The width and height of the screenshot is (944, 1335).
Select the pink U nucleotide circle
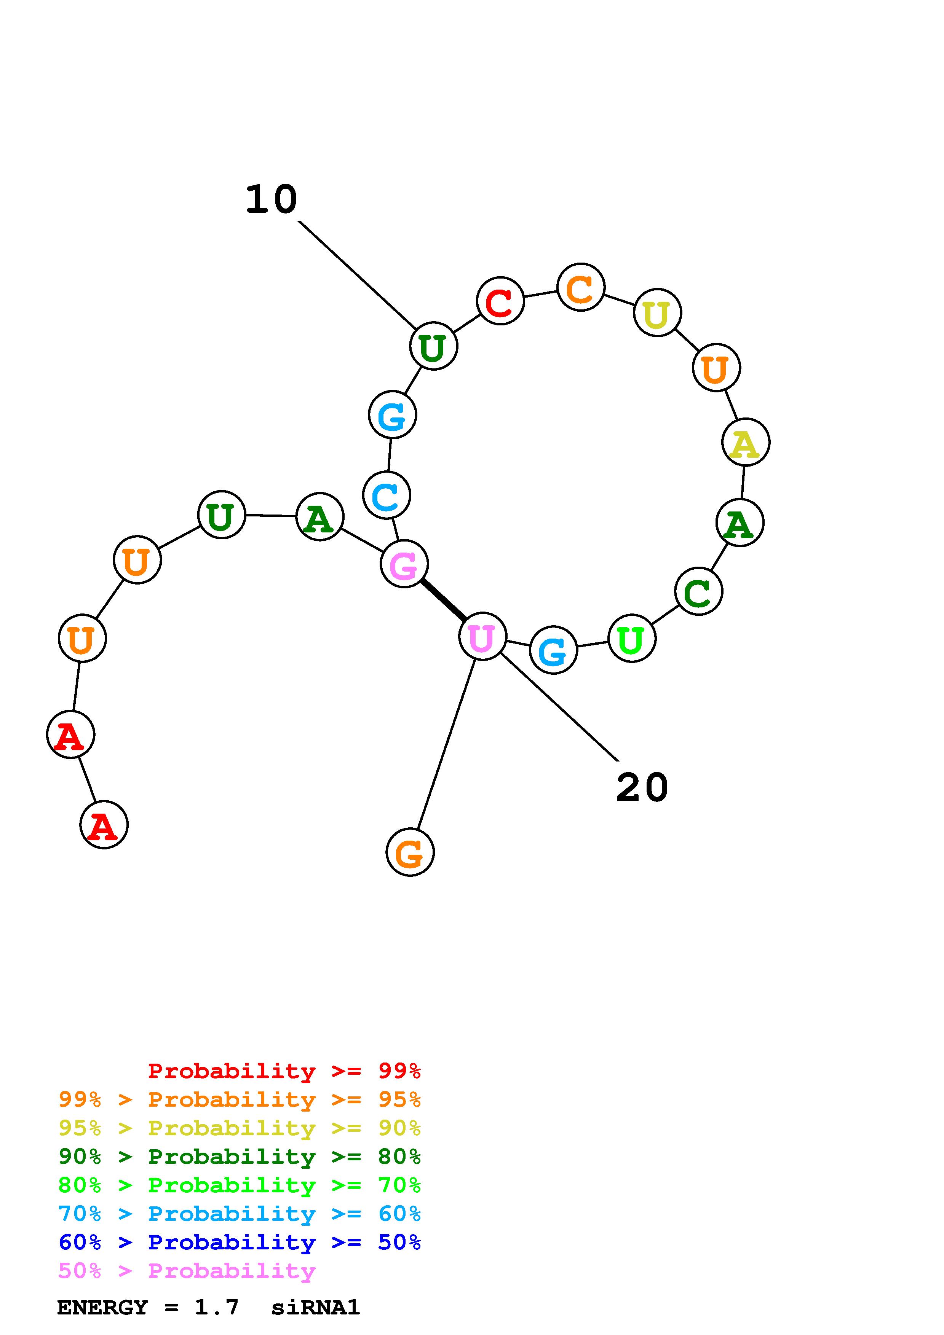tap(482, 636)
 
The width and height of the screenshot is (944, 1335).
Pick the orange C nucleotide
tap(580, 287)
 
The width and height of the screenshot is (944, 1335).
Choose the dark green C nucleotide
tap(698, 591)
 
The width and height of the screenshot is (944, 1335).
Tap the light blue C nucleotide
tap(386, 495)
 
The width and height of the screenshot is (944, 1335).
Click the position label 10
tap(271, 199)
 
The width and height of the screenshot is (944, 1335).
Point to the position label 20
tap(642, 788)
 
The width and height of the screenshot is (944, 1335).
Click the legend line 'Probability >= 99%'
tap(284, 1071)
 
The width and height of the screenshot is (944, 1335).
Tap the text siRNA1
tap(315, 1308)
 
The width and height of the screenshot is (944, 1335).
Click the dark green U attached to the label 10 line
tap(433, 346)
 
